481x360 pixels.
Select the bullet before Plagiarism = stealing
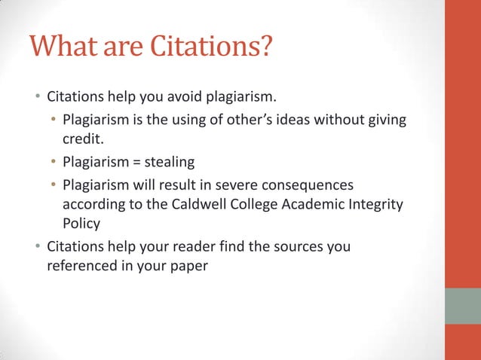point(54,162)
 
